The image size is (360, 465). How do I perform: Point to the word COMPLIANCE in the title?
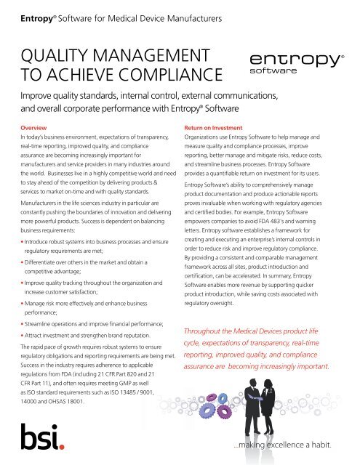pos(158,73)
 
